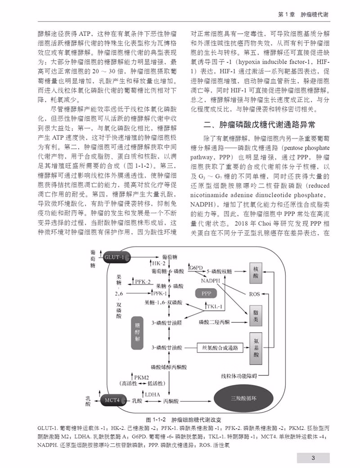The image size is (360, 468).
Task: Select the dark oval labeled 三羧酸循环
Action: click(243, 398)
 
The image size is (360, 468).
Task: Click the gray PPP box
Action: click(206, 293)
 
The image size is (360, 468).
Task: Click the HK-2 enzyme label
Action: click(158, 263)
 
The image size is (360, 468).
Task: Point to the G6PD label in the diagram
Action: click(196, 267)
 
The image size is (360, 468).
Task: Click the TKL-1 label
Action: click(215, 306)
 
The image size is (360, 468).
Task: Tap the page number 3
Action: click(313, 457)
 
